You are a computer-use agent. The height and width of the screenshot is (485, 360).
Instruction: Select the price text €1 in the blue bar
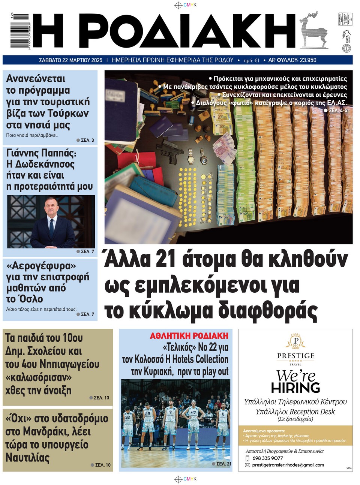click(x=256, y=60)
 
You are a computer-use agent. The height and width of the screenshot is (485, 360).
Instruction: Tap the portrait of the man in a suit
click(x=51, y=223)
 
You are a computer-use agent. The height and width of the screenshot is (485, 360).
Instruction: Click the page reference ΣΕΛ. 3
click(x=87, y=140)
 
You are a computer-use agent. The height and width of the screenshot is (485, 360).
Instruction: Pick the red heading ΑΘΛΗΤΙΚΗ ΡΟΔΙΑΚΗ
click(x=189, y=336)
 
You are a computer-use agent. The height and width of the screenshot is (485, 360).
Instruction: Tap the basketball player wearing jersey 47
click(x=193, y=420)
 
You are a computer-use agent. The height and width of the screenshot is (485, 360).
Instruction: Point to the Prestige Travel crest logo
click(x=296, y=341)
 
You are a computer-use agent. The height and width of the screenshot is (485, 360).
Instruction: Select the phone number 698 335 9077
click(x=268, y=458)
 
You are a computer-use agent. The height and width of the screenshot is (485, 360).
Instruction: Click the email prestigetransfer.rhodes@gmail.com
click(x=288, y=465)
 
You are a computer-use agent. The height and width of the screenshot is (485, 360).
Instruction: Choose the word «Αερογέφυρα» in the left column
click(x=41, y=266)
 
